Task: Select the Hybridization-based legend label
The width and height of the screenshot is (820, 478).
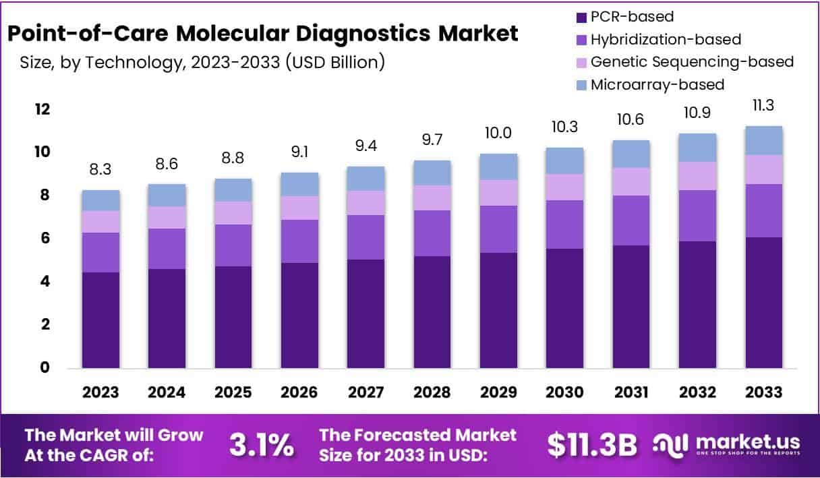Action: tap(666, 40)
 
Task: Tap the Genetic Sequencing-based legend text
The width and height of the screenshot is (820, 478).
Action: tap(692, 62)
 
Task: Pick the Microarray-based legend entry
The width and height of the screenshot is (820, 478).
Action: tap(657, 85)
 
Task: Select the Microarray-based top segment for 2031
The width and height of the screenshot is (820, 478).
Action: tap(631, 154)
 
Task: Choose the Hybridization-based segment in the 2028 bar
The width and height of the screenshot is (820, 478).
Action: tap(432, 233)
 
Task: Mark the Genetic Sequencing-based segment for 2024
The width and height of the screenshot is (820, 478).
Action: tap(167, 217)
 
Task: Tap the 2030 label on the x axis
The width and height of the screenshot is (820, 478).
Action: tap(564, 392)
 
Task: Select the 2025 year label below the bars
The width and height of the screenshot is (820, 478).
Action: tap(233, 392)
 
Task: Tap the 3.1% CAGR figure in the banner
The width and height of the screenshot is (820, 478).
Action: tap(262, 445)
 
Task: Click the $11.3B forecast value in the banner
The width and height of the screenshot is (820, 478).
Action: tap(592, 445)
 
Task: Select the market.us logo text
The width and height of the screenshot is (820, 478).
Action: tap(749, 442)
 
